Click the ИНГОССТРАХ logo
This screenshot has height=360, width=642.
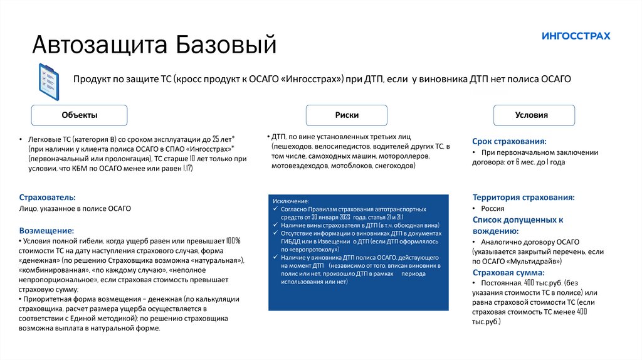pos(576,36)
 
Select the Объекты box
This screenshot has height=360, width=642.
pos(80,115)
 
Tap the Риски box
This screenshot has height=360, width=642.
pos(347,115)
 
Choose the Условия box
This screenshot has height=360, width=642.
pos(532,115)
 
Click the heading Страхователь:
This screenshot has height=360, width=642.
pos(48,197)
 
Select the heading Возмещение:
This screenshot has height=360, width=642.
pos(46,230)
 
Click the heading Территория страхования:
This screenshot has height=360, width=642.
pos(524,197)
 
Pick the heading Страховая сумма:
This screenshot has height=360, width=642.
pos(508,273)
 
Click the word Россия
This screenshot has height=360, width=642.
pos(493,208)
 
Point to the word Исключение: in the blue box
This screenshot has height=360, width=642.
pos(291,200)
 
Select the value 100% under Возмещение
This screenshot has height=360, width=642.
pos(233,241)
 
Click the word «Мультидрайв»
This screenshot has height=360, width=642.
pos(533,261)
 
